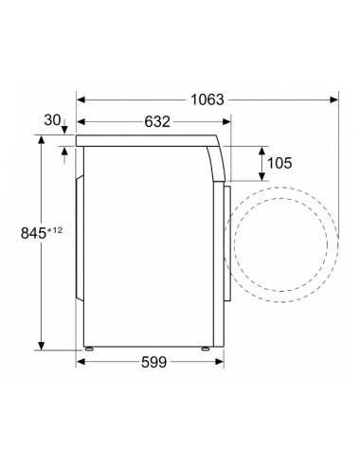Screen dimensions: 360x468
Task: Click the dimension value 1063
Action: [207, 99]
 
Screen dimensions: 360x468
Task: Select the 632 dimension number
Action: [157, 121]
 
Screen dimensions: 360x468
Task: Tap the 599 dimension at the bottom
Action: [153, 362]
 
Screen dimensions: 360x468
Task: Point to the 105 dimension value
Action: [279, 163]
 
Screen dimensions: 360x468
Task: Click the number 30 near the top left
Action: [52, 120]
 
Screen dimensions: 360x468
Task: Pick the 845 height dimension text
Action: [34, 233]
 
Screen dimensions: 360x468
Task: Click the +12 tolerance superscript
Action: [55, 230]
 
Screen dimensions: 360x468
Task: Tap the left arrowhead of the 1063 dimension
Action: [81, 99]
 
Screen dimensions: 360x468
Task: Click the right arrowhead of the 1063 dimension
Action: [333, 99]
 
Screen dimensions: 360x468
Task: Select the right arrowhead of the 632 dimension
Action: [226, 121]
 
